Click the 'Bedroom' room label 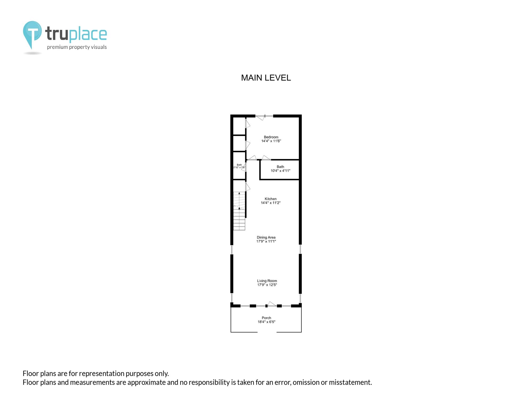271,137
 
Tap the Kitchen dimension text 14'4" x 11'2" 271,203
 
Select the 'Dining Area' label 266,237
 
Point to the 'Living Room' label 267,281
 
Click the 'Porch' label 266,318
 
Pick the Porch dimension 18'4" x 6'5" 266,322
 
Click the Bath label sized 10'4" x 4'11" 280,167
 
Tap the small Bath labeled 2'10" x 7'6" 239,165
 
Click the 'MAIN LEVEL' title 266,78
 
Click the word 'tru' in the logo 57,34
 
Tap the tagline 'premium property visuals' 77,47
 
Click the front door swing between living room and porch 272,304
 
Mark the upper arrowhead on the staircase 239,193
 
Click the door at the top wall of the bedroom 260,117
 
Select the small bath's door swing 243,167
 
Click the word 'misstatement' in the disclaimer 350,382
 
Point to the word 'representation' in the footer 102,374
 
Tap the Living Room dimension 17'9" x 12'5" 267,285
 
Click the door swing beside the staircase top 248,187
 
